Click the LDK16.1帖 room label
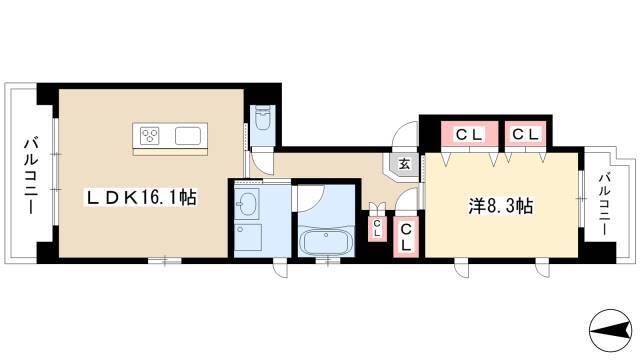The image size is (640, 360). pyautogui.click(x=141, y=198)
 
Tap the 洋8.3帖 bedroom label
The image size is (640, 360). pyautogui.click(x=500, y=207)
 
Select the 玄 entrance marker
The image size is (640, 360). pyautogui.click(x=404, y=164)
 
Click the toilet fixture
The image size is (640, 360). pyautogui.click(x=262, y=118)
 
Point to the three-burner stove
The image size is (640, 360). pyautogui.click(x=149, y=136)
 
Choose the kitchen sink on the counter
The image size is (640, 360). pyautogui.click(x=188, y=136)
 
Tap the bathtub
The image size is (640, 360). pyautogui.click(x=326, y=242)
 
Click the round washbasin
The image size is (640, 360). pyautogui.click(x=247, y=202)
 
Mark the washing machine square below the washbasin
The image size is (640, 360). pyautogui.click(x=248, y=237)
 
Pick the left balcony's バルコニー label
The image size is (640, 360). pyautogui.click(x=31, y=176)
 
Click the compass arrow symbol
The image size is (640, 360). pyautogui.click(x=611, y=331)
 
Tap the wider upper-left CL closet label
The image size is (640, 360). pyautogui.click(x=469, y=134)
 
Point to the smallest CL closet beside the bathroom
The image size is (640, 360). pyautogui.click(x=377, y=228)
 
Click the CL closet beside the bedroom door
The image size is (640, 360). pyautogui.click(x=405, y=237)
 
